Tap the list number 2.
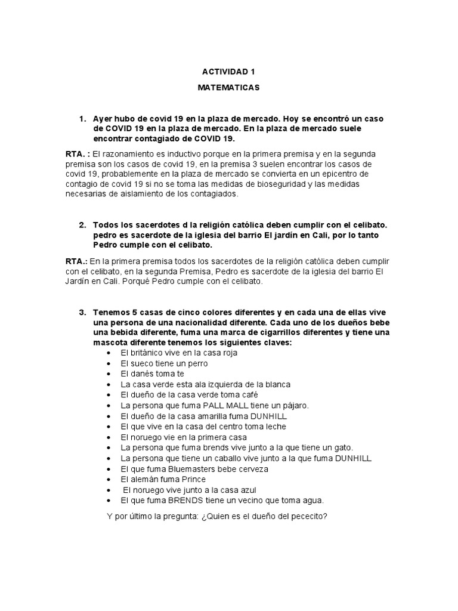coord(82,225)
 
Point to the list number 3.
coord(82,313)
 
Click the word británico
coord(147,353)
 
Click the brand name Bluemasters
coord(188,469)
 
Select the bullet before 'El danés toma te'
coord(109,374)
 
